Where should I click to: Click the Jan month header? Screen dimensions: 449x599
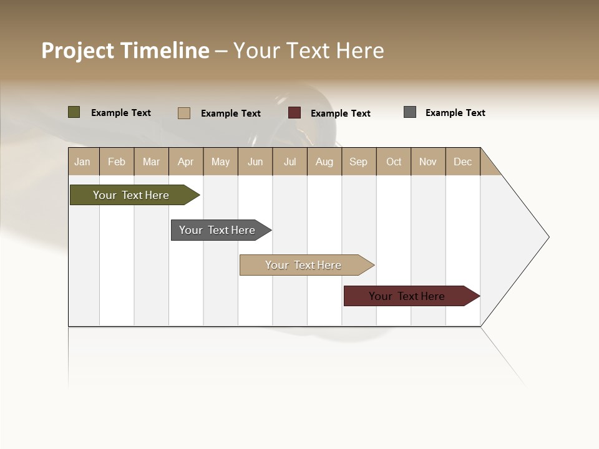point(82,162)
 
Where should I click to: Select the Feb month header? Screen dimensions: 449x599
point(117,162)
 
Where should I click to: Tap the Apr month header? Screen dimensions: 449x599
point(185,162)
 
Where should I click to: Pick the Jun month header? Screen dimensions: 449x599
point(255,162)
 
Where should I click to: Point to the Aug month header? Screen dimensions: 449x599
point(324,162)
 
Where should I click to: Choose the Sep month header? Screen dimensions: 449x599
point(358,162)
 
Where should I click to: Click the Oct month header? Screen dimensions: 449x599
point(394,162)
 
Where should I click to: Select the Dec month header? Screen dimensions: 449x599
point(462,162)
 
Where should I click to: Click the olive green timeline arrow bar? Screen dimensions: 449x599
point(131,195)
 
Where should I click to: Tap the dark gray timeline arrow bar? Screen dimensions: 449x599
point(217,230)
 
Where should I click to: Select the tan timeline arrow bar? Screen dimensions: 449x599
point(303,265)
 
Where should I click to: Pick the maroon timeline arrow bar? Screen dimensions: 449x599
point(407,296)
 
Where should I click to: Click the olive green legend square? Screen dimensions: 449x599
point(74,112)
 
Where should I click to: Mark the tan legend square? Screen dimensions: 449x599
point(183,113)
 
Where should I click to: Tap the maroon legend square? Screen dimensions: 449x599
point(295,113)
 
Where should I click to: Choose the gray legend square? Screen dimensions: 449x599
point(410,112)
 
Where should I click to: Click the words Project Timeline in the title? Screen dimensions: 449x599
point(125,51)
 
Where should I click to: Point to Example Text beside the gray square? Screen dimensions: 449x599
point(455,113)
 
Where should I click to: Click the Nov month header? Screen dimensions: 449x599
point(428,162)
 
